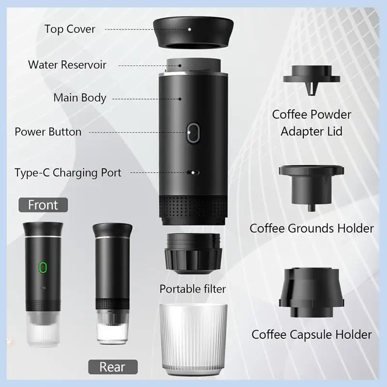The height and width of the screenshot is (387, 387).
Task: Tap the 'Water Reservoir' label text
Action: coord(67,64)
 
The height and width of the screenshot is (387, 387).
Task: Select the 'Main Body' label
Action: coord(79,98)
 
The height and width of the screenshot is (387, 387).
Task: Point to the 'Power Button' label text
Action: coord(48,132)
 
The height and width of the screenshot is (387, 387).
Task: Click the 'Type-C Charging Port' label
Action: coord(68,172)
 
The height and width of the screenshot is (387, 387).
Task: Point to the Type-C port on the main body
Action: coord(193,172)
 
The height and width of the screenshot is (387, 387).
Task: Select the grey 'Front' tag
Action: coord(43,205)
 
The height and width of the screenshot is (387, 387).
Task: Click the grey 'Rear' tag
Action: coord(112,366)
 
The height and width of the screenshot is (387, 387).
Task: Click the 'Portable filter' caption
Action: coord(193,289)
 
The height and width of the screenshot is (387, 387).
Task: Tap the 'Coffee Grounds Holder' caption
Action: coord(312,228)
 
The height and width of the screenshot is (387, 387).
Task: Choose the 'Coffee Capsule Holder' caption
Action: coord(312,334)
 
